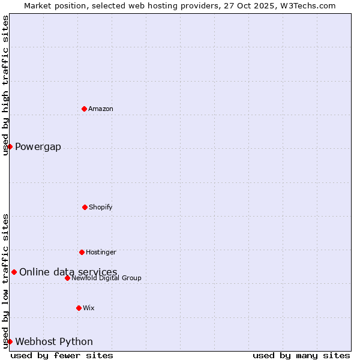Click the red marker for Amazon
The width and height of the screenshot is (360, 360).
(84, 109)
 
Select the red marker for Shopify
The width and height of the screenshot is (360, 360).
(85, 207)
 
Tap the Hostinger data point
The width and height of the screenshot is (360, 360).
(82, 252)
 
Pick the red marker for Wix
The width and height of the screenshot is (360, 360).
(79, 308)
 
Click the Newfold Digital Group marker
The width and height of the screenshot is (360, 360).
(67, 278)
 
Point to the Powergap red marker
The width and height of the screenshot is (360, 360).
(10, 146)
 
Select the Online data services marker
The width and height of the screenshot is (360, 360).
(14, 272)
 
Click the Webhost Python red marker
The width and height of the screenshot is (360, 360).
(10, 341)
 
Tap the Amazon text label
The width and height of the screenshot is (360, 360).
(101, 109)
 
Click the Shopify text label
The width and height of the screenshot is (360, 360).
(101, 207)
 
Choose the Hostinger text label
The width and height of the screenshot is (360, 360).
(101, 252)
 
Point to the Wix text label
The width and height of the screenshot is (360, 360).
(89, 308)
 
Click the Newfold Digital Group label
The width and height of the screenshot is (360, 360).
(106, 278)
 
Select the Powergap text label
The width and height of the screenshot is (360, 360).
(38, 147)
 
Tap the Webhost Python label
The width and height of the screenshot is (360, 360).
(54, 342)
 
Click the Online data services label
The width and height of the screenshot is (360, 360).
(68, 272)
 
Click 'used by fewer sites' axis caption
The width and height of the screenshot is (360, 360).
(62, 355)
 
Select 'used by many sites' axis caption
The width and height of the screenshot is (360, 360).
(301, 355)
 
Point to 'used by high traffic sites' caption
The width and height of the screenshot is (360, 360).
(6, 85)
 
